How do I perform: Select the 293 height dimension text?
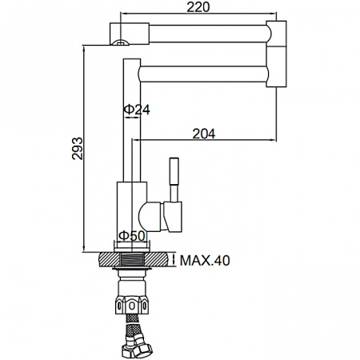click(x=78, y=147)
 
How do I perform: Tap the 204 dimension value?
click(x=205, y=134)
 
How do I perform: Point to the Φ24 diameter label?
click(x=137, y=110)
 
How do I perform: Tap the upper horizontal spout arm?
click(x=208, y=34)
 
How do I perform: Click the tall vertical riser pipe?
click(x=131, y=120)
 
